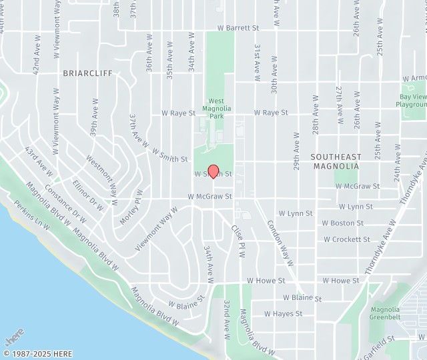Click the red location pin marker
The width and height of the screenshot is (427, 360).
point(213,171)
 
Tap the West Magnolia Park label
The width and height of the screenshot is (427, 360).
point(216,107)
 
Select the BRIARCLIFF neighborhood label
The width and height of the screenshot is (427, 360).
point(87,72)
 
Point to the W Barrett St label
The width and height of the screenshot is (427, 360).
point(238,28)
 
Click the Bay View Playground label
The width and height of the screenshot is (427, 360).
point(412,101)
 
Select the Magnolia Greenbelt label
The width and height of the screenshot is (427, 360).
point(385,313)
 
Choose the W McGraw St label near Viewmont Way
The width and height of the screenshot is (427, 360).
point(209,197)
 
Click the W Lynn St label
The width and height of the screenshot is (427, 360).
point(295,213)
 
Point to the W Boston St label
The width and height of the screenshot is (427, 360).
point(342,223)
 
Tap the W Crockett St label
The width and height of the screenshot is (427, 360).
point(347,239)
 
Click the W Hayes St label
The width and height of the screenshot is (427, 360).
point(284,313)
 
